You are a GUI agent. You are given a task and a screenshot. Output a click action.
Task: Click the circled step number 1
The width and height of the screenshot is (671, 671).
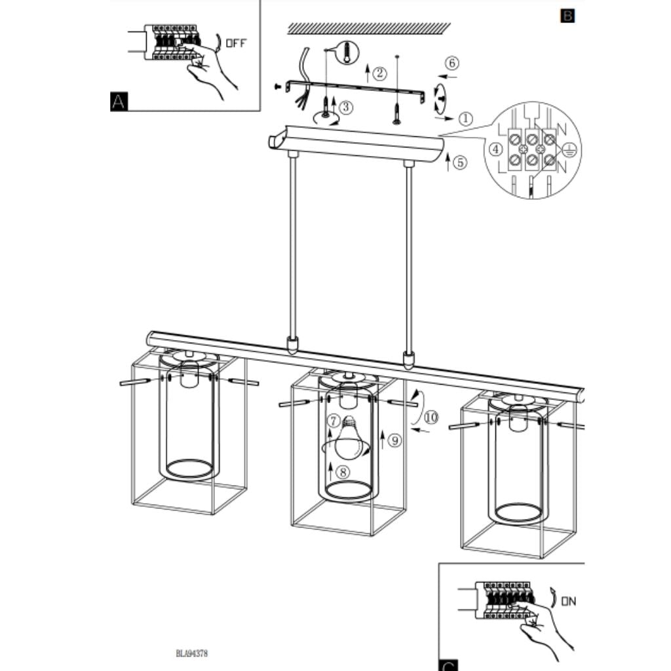click(x=466, y=119)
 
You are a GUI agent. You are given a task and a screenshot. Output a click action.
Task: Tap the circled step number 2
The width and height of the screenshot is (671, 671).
click(x=379, y=73)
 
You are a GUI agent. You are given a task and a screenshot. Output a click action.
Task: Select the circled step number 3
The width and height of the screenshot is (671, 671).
click(x=346, y=107)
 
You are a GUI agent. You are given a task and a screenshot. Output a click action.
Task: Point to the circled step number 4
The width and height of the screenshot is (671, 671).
click(x=496, y=149)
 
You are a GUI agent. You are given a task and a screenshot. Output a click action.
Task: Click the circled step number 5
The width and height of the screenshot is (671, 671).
click(x=460, y=163)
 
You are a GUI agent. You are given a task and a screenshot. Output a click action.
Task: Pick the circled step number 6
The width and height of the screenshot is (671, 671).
click(x=452, y=63)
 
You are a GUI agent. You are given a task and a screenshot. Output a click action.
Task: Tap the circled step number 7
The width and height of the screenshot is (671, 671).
click(x=334, y=421)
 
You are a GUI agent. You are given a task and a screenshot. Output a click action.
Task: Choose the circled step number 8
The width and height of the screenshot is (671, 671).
click(x=343, y=472)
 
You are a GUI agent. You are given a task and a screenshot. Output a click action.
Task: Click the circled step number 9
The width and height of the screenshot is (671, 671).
click(x=395, y=440)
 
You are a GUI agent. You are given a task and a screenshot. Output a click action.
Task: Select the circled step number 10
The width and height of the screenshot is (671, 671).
click(x=431, y=417)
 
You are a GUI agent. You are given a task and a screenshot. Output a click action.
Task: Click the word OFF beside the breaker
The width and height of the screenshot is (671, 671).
click(x=236, y=43)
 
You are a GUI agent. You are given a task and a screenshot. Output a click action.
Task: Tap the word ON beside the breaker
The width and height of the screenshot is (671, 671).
click(x=569, y=602)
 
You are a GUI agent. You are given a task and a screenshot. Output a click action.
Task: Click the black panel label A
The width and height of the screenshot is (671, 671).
click(x=119, y=102)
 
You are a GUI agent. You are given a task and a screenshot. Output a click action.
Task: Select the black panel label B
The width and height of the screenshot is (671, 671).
click(x=567, y=16)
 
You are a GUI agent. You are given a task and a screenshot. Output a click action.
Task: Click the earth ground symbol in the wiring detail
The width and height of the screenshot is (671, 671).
click(x=569, y=149)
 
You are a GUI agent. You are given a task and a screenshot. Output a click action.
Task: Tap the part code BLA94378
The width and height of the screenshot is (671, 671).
click(x=192, y=653)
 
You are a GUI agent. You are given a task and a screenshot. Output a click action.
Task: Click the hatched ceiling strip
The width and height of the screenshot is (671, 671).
click(x=369, y=28)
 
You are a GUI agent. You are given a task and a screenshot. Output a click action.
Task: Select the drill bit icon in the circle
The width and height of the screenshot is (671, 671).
click(x=347, y=52)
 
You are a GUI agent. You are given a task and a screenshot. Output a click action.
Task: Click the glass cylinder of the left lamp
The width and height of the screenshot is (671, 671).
click(x=189, y=419)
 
